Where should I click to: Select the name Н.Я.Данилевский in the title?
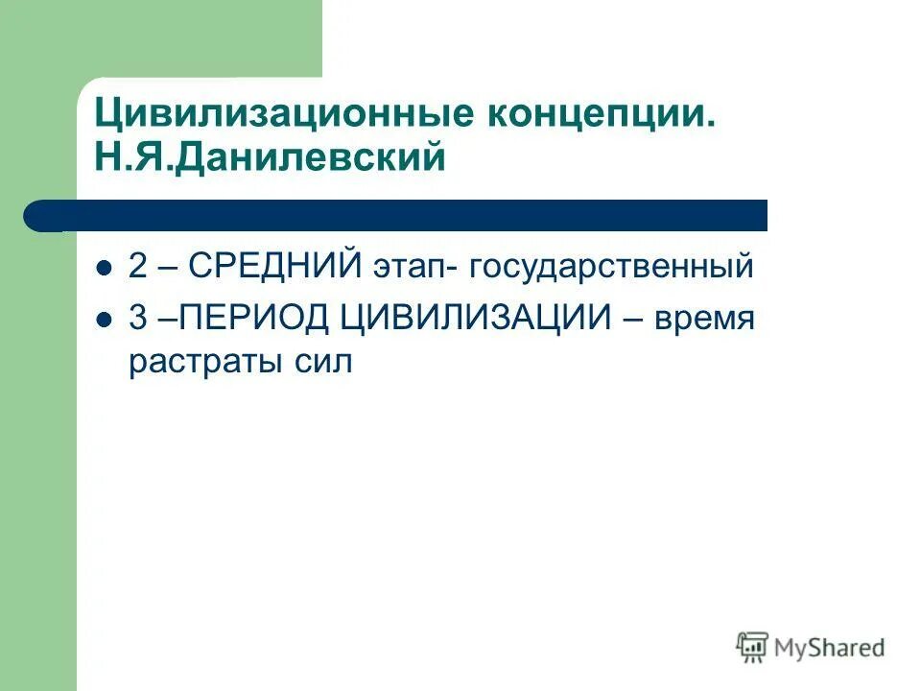270,157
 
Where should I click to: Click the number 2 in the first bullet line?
138,267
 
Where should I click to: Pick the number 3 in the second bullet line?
138,318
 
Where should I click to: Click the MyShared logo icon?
753,648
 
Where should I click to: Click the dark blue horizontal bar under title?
403,216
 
